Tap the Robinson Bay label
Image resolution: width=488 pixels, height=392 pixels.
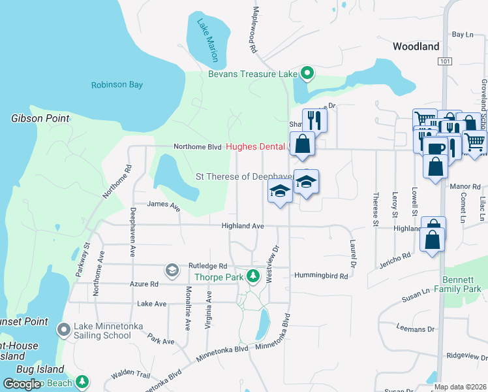click(x=117, y=85)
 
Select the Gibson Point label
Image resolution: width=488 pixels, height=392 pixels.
click(x=40, y=118)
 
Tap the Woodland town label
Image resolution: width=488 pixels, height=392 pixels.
click(x=416, y=46)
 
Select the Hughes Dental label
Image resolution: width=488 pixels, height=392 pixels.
click(x=256, y=147)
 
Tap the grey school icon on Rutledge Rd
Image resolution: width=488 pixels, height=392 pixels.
click(x=172, y=270)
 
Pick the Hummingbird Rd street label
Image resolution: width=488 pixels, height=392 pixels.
click(x=321, y=276)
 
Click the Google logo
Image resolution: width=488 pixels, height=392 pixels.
click(x=22, y=384)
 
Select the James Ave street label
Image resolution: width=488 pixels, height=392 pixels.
click(x=163, y=204)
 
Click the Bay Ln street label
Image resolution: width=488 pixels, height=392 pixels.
click(x=462, y=34)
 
